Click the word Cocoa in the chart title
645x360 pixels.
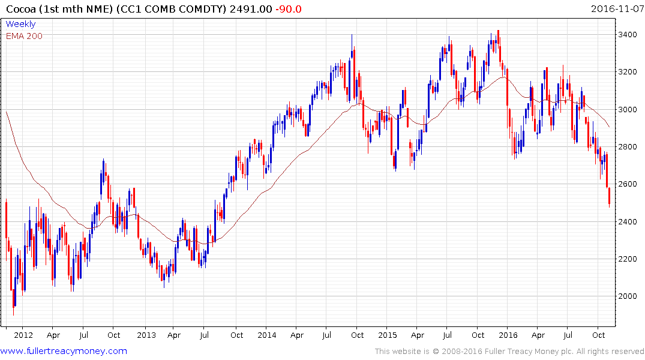point(19,8)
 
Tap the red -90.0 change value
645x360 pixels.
point(289,8)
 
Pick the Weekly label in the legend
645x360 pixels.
point(20,24)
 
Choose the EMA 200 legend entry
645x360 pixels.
point(24,35)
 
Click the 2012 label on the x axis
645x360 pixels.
point(23,335)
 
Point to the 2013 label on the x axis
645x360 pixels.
point(146,335)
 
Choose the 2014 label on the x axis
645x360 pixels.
point(268,335)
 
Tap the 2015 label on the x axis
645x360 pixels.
point(388,335)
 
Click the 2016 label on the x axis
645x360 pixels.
point(509,335)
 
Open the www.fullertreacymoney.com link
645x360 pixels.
point(64,351)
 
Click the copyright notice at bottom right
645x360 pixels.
point(509,351)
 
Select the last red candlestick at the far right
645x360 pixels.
point(610,197)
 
